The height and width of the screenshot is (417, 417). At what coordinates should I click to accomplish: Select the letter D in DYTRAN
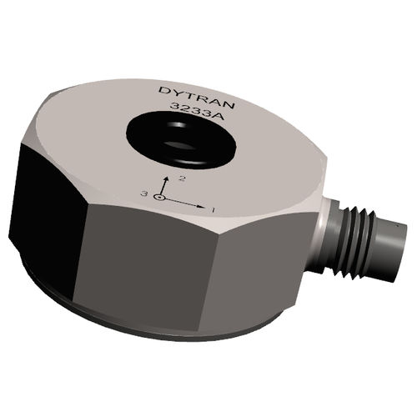coord(162,88)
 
